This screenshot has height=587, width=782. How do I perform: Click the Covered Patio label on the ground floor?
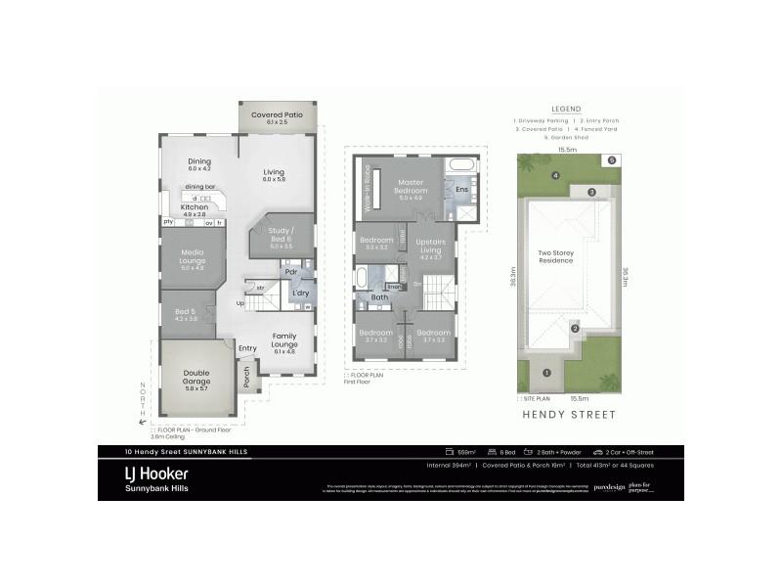click(277, 114)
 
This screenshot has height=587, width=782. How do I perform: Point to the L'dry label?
click(301, 293)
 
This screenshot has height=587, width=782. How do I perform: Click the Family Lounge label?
click(283, 339)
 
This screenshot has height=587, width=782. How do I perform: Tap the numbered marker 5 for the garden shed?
click(612, 159)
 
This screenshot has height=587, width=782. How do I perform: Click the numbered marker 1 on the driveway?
click(546, 372)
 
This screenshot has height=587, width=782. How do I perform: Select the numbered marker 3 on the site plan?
click(591, 192)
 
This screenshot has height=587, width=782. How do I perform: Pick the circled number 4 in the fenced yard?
click(555, 176)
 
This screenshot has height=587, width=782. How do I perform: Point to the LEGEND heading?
click(566, 109)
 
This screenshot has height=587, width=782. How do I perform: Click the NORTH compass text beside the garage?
click(143, 398)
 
